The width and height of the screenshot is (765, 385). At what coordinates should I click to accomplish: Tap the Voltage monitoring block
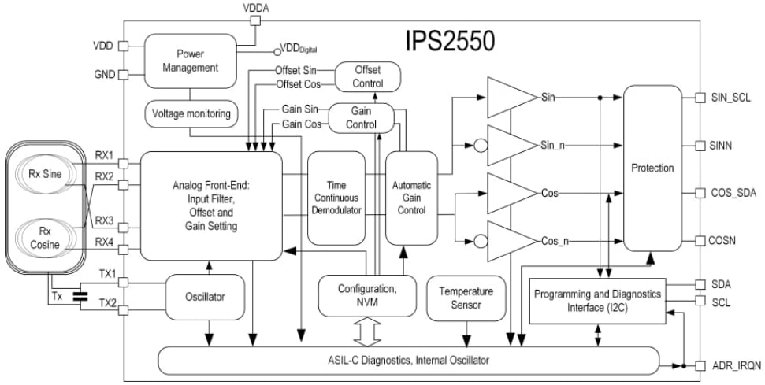point(191,113)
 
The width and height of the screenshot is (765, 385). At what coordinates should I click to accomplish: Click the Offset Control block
point(368,76)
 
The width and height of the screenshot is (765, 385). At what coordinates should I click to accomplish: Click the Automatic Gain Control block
point(411,199)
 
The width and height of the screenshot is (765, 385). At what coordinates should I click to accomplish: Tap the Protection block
point(652,168)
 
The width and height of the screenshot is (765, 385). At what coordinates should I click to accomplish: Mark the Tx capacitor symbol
point(80,298)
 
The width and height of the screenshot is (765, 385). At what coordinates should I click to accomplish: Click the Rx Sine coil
point(43,173)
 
